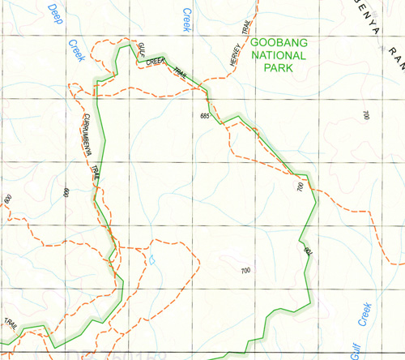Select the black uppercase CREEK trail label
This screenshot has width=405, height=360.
156,61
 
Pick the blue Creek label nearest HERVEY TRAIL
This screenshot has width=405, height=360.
187,19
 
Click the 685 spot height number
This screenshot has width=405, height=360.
204,118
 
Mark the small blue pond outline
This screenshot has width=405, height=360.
151,260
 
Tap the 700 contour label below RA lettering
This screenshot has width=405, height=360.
366,116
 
